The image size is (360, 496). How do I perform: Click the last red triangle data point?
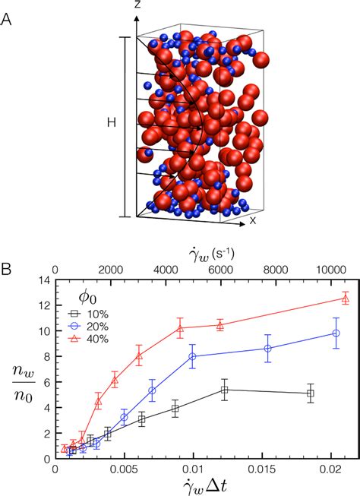(345, 299)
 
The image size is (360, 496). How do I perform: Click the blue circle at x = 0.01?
(193, 356)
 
